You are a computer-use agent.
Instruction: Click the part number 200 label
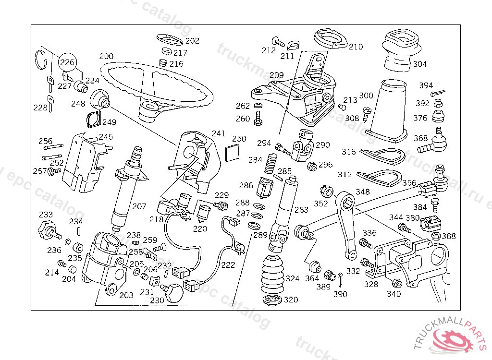107,56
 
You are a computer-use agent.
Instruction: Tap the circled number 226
67,62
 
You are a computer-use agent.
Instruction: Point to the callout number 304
419,64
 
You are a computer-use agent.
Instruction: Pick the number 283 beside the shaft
301,210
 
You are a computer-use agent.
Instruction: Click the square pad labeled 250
234,152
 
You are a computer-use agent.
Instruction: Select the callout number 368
420,138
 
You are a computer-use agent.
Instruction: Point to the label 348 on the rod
363,192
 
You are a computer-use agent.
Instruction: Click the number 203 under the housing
126,295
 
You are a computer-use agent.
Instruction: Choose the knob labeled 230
172,292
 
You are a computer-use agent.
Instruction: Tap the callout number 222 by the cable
228,264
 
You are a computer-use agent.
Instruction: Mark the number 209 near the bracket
277,75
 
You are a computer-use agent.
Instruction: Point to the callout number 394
426,85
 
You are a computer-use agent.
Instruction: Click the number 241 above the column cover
219,133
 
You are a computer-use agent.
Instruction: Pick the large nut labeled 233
46,230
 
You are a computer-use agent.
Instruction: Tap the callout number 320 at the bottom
291,300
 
